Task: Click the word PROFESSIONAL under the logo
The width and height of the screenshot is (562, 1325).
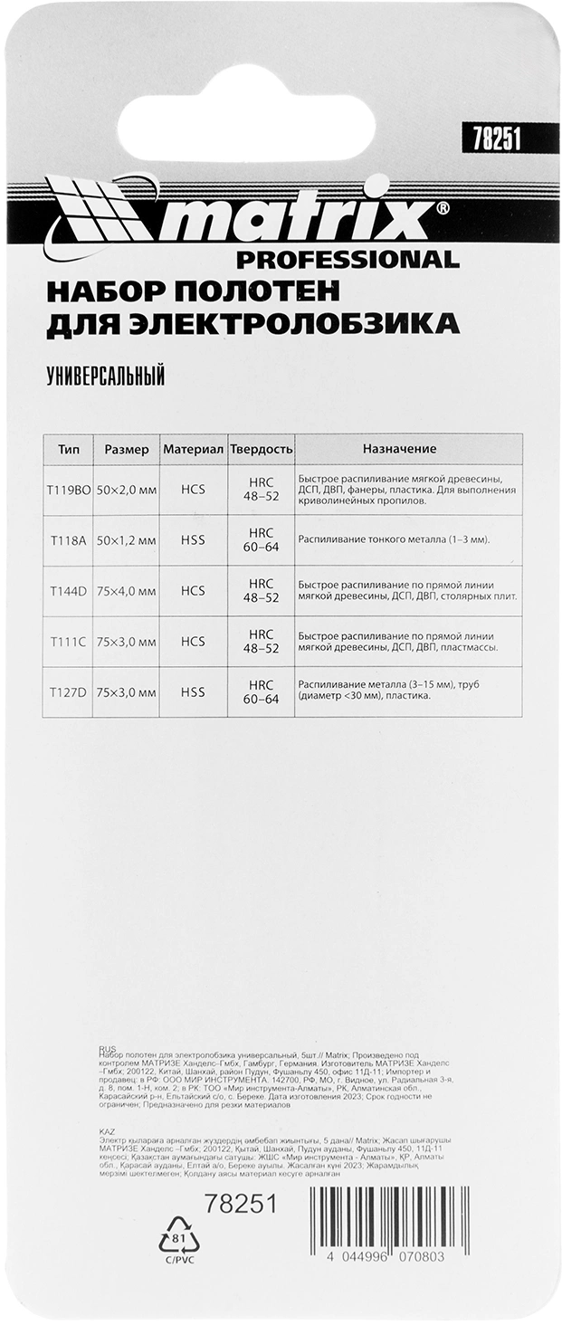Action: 348,261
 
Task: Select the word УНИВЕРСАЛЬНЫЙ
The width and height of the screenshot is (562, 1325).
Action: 105,377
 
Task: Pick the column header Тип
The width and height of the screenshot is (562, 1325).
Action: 68,449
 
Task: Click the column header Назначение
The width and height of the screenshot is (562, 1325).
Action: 399,449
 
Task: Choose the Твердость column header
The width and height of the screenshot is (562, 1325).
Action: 261,449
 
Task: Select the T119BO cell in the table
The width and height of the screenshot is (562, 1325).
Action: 69,489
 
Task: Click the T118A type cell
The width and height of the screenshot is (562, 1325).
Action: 68,539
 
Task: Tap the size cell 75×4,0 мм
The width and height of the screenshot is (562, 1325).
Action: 128,591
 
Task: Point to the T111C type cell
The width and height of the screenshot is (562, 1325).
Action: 68,642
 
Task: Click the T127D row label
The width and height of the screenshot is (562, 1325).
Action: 68,692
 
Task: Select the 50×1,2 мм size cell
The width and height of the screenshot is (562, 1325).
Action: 128,539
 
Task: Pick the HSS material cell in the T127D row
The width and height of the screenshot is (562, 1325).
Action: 193,692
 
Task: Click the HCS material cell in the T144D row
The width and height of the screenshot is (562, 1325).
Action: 193,591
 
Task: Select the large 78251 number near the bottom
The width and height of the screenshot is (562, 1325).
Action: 240,1204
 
